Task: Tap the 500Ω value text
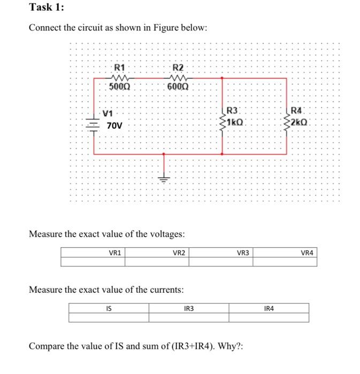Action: pyautogui.click(x=120, y=86)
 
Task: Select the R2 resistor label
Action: pyautogui.click(x=178, y=68)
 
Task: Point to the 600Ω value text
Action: pyautogui.click(x=178, y=86)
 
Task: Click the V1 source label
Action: pyautogui.click(x=108, y=113)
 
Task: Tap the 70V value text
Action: pyautogui.click(x=114, y=126)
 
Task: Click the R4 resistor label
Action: pyautogui.click(x=297, y=111)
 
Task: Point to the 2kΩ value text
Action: pyautogui.click(x=299, y=122)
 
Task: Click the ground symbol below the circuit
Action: pyautogui.click(x=164, y=179)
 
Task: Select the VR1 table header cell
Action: pyautogui.click(x=114, y=252)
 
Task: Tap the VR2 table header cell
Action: pyautogui.click(x=179, y=252)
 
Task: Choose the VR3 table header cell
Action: pyautogui.click(x=243, y=252)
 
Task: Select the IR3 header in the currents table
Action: pyautogui.click(x=189, y=308)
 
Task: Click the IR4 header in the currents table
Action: pyautogui.click(x=269, y=308)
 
